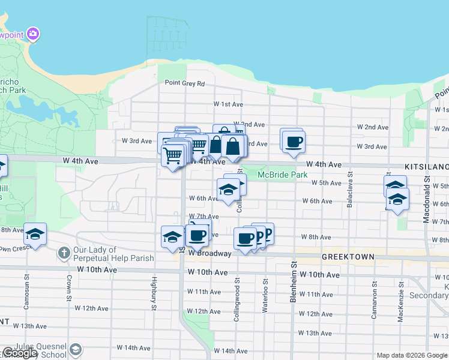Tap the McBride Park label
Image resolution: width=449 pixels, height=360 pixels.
click(282, 175)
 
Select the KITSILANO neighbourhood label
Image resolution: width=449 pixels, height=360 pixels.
click(427, 164)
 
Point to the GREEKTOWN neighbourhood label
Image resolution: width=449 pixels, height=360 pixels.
click(348, 257)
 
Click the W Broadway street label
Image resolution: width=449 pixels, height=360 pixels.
click(209, 253)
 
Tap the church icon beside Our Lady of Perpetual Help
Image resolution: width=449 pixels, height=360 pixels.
click(64, 253)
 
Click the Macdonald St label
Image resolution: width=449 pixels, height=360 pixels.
click(426, 206)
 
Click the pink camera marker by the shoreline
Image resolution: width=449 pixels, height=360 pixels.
click(34, 34)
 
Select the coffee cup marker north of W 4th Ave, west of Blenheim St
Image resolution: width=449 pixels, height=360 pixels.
click(294, 142)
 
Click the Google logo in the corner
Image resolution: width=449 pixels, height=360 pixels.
click(19, 353)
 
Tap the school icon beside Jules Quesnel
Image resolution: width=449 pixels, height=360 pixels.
click(76, 349)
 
